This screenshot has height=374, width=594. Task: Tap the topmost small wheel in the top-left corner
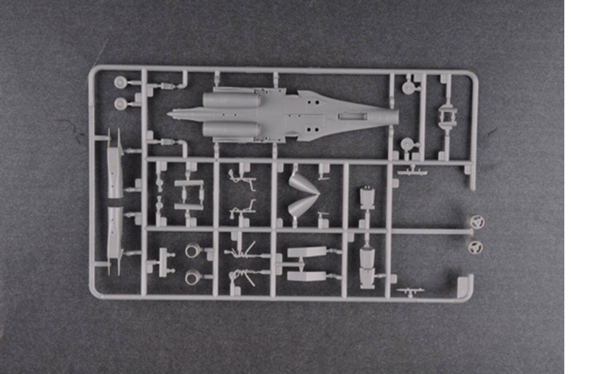(120, 82)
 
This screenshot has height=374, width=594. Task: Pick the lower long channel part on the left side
(114, 237)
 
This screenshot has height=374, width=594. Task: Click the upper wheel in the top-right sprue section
(408, 87)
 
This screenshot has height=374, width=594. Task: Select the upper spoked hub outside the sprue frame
(477, 222)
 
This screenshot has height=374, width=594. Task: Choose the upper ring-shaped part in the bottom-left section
(193, 250)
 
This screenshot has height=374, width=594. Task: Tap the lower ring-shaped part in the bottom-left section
(193, 277)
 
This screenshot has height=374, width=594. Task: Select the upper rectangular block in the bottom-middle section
(307, 252)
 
